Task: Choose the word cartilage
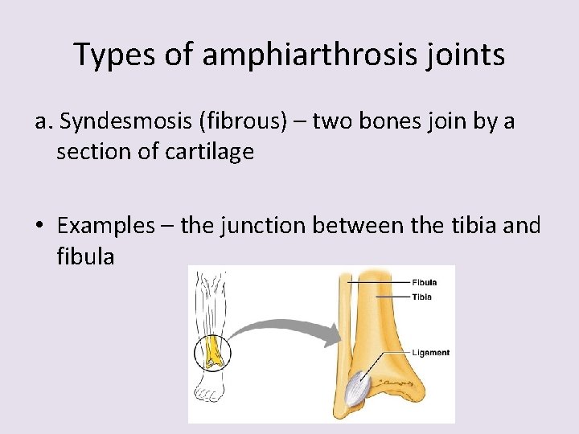[x=207, y=151]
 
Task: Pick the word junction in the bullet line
[x=257, y=226]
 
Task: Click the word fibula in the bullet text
[x=85, y=257]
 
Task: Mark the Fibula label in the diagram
[x=424, y=283]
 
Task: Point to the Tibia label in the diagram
[x=421, y=297]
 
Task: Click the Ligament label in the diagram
[x=431, y=352]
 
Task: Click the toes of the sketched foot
[x=210, y=395]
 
